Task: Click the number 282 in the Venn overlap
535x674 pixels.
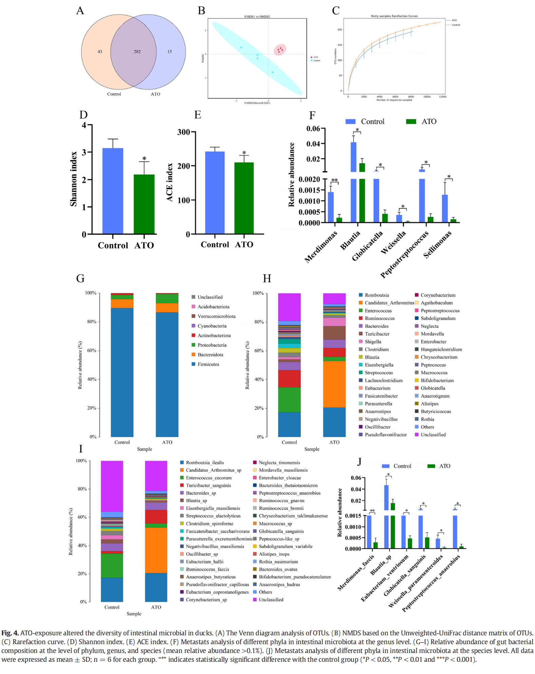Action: pos(137,52)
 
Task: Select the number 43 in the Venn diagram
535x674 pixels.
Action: pos(100,52)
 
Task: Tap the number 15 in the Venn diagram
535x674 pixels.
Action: pos(169,52)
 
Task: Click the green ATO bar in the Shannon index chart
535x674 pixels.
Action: pos(144,204)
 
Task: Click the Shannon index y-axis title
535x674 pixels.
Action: pos(74,179)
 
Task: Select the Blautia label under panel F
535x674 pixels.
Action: pos(350,240)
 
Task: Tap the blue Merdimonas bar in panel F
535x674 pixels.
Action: pos(330,207)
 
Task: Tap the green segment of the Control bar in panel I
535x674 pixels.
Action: pos(112,565)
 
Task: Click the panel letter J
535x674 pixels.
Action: pos(359,462)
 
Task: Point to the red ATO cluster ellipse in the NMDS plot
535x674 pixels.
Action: pos(280,50)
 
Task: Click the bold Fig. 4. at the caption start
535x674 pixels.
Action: pos(10,633)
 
